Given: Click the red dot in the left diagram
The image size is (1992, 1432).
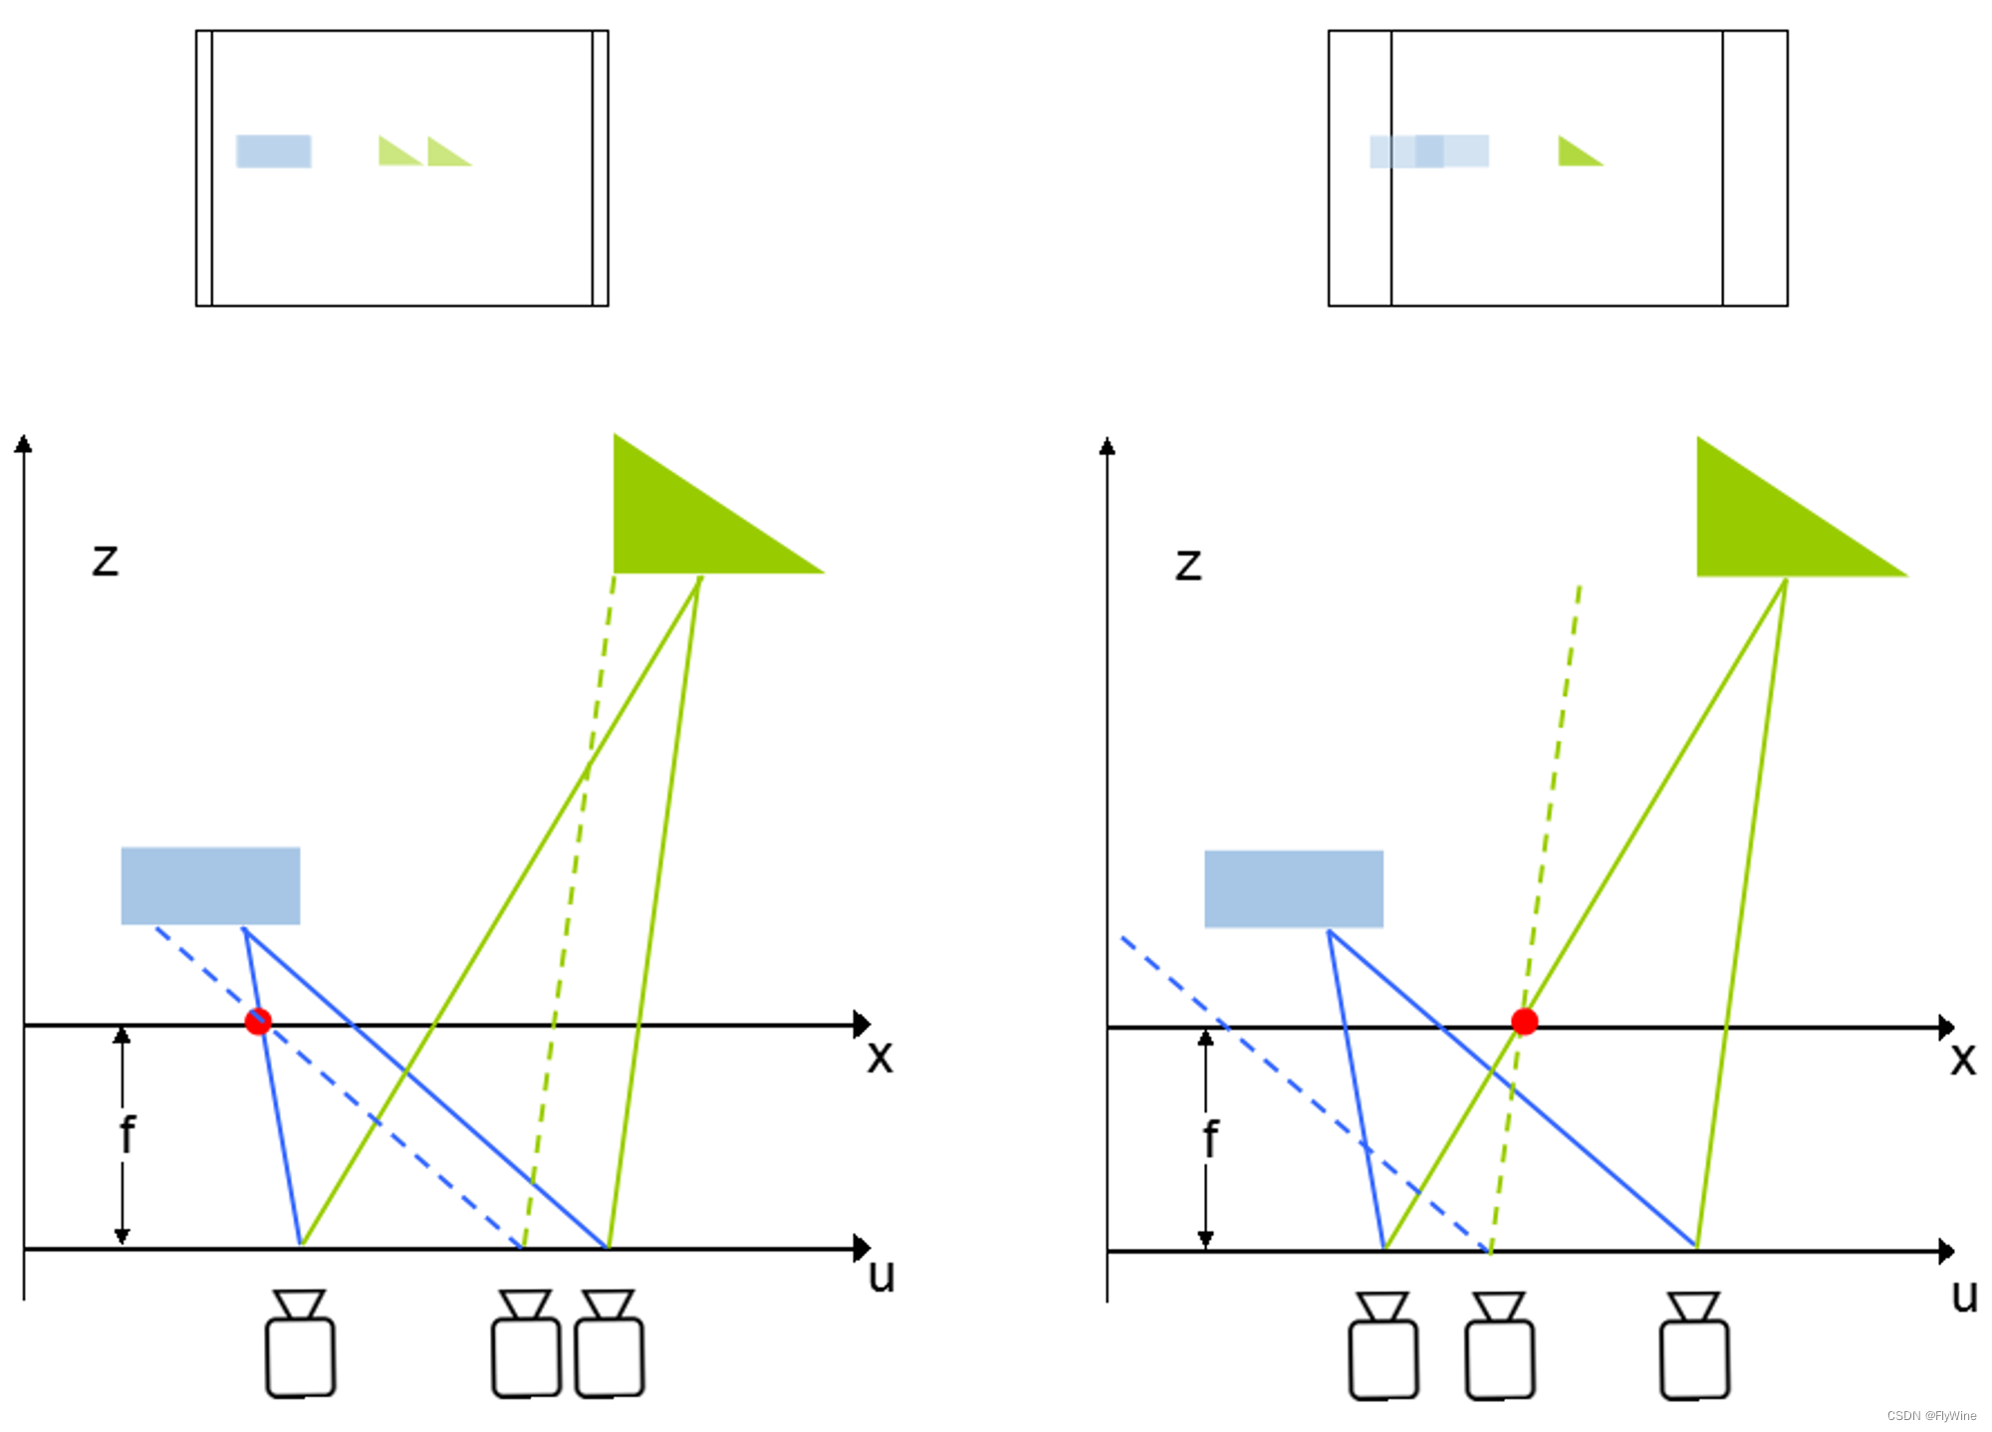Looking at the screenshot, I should point(258,1022).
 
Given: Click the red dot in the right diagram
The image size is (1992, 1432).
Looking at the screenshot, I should point(1524,1022).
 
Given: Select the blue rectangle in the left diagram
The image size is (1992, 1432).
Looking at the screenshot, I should point(210,885).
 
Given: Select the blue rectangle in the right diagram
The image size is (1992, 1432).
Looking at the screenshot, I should point(1293,888).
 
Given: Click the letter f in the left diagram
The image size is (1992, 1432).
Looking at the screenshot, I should point(126,1135).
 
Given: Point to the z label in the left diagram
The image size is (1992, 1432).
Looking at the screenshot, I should point(105,561).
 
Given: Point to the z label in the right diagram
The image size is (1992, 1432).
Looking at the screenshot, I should point(1188,566).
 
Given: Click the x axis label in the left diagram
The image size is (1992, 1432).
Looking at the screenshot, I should point(879,1058).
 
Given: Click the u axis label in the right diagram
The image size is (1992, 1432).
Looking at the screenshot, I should point(1964,1297).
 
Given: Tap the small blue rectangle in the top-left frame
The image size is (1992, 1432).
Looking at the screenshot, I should point(274,151).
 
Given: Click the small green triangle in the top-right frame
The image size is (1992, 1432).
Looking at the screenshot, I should point(1576,153).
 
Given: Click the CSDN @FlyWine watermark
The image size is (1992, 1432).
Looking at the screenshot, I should point(1931,1416).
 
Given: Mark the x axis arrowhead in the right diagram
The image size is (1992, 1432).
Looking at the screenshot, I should point(1946,1028).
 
